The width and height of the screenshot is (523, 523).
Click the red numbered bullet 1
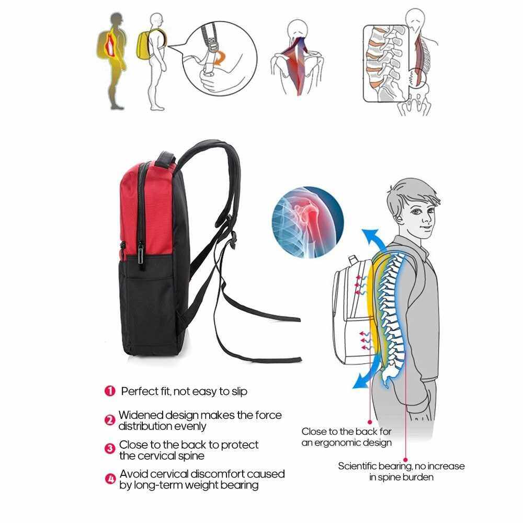(x=110, y=391)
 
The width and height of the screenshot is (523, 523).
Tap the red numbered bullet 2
(x=110, y=420)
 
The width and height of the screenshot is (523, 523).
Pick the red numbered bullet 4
(x=110, y=479)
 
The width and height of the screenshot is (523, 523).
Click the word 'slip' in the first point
(x=240, y=391)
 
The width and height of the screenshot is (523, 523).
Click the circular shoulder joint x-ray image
(x=308, y=222)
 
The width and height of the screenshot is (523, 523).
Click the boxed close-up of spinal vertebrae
(x=385, y=63)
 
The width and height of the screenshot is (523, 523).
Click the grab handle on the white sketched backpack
(x=353, y=260)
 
